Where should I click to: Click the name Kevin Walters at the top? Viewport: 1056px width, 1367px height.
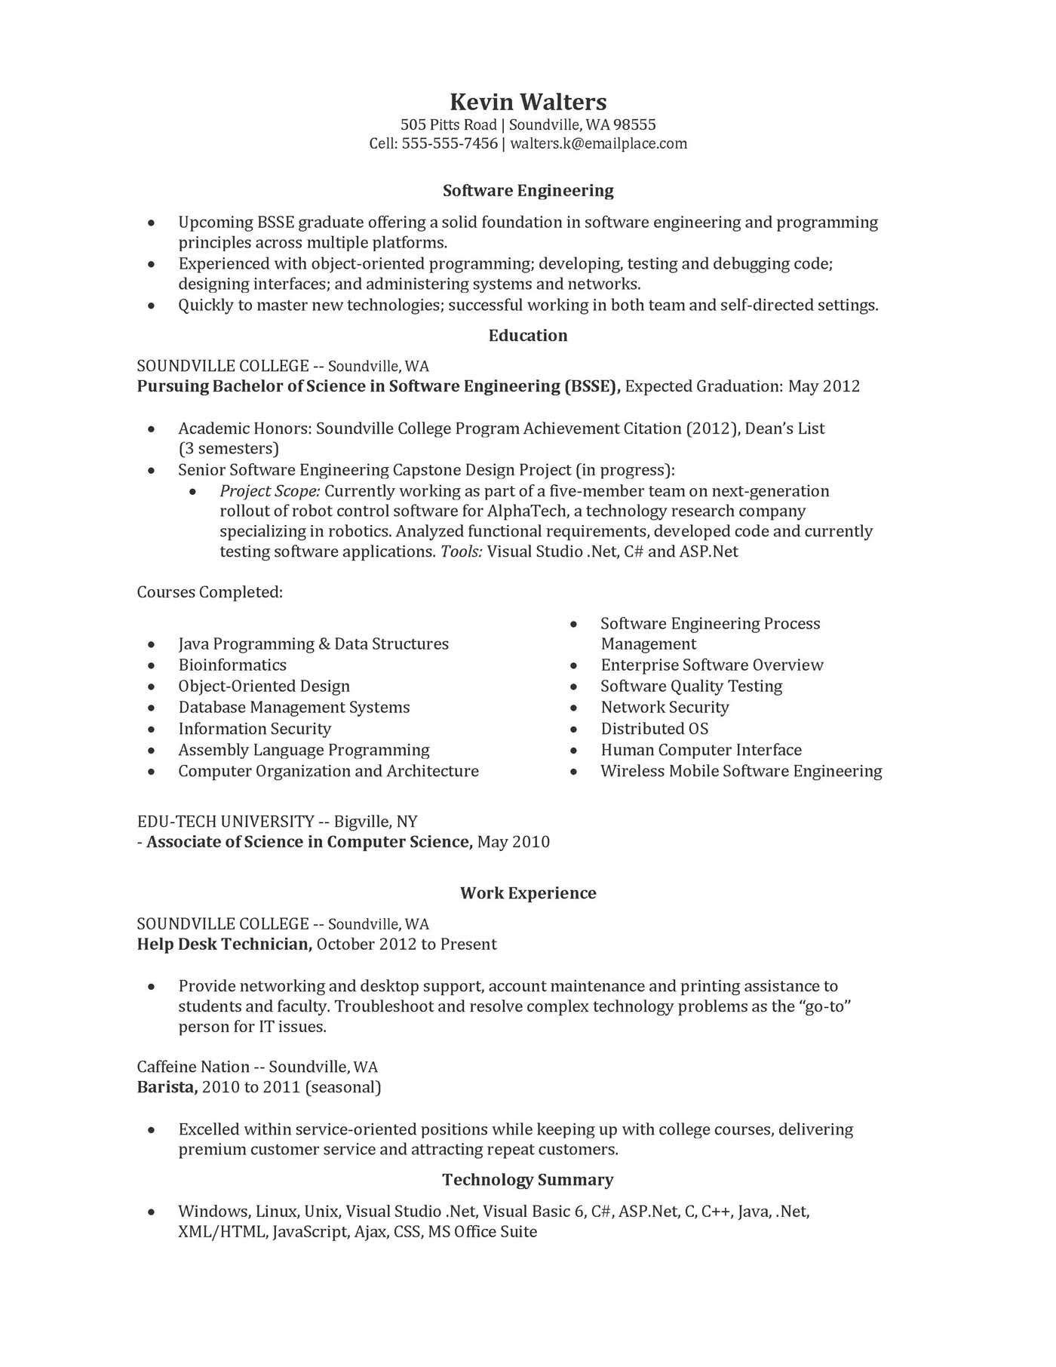tap(527, 102)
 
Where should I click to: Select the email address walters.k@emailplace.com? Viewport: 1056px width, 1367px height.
tap(598, 143)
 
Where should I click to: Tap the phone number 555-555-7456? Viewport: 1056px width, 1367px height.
tap(450, 143)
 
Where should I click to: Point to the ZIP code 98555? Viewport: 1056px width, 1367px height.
tap(634, 124)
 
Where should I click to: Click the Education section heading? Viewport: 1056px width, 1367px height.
tap(527, 336)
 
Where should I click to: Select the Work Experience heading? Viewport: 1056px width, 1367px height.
tap(527, 893)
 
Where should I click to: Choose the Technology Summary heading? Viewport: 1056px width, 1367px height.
tap(527, 1179)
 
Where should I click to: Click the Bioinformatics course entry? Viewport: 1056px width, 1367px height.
tap(232, 665)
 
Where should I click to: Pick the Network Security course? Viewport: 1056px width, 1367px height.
tap(665, 707)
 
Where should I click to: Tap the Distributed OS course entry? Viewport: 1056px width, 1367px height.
tap(654, 728)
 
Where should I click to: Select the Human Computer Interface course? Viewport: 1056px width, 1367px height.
tap(701, 749)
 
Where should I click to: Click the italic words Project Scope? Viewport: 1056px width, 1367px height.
tap(270, 491)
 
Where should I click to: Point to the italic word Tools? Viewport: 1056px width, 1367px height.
tap(461, 551)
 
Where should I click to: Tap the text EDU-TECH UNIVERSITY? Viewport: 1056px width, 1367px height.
tap(226, 822)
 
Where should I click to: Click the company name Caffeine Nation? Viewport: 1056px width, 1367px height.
tap(193, 1067)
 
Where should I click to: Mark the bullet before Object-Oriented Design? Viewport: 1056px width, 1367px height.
tap(152, 687)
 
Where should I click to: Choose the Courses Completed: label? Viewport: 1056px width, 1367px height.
tap(210, 592)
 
